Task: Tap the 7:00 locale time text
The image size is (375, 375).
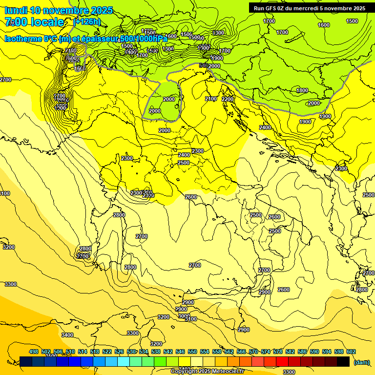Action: [34, 22]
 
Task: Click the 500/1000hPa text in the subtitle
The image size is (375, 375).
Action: [144, 39]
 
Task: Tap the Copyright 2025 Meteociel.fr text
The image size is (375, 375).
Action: [207, 371]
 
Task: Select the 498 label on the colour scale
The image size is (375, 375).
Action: [34, 352]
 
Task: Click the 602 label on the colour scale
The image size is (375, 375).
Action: [351, 352]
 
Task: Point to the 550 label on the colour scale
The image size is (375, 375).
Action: [192, 352]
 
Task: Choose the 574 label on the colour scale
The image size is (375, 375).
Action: [266, 352]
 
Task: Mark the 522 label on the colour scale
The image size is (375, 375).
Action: [107, 352]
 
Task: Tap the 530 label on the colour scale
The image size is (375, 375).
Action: [131, 352]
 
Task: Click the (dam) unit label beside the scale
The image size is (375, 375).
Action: [362, 362]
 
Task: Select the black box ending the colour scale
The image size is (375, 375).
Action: [343, 361]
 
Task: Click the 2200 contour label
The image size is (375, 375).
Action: [228, 99]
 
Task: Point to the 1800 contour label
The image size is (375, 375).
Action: [302, 90]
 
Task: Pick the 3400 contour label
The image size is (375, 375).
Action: [67, 335]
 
